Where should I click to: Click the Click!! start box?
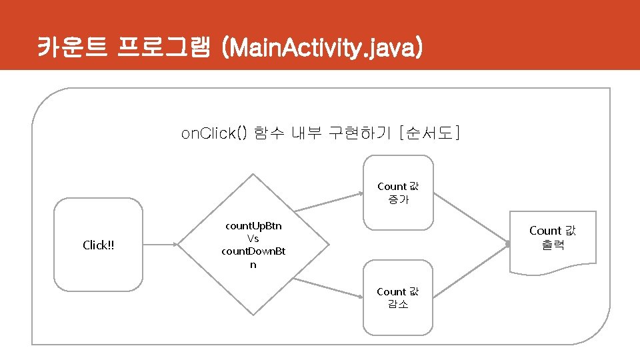pos(98,245)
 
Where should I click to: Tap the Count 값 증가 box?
pos(398,193)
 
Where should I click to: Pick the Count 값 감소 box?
pos(398,297)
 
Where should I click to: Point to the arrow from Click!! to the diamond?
pos(160,245)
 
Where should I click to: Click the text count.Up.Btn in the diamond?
pos(253,225)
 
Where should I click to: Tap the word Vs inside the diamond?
pos(253,238)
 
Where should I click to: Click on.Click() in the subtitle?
pos(214,133)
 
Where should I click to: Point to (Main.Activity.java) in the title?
pos(323,48)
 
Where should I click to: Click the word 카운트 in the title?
pos(72,48)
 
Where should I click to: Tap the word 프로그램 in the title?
pos(163,48)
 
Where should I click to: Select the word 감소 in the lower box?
pos(398,304)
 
